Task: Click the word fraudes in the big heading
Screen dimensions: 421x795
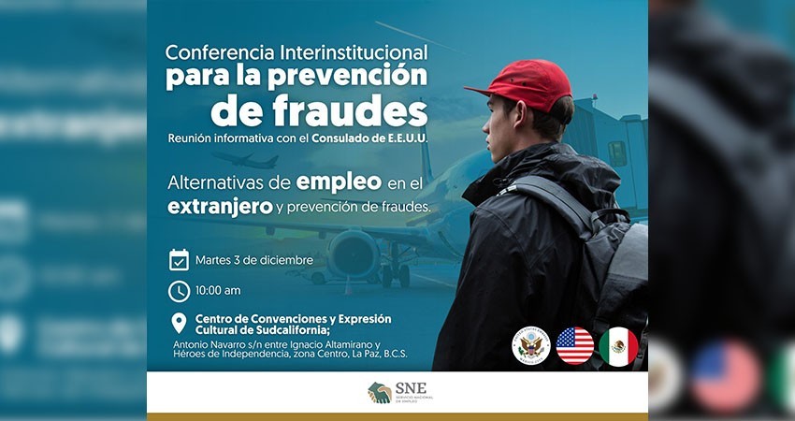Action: [x=319, y=111]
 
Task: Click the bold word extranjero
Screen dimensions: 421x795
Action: [x=220, y=206]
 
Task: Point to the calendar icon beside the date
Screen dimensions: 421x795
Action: [x=179, y=260]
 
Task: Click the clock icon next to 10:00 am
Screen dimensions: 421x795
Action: [x=179, y=291]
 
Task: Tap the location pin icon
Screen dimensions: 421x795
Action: [x=179, y=324]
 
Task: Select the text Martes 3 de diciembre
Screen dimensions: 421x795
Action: [x=253, y=260]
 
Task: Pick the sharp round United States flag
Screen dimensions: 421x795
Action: [x=574, y=346]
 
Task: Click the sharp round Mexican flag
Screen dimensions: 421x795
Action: [x=618, y=346]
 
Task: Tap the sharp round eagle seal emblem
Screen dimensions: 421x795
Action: [x=530, y=346]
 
